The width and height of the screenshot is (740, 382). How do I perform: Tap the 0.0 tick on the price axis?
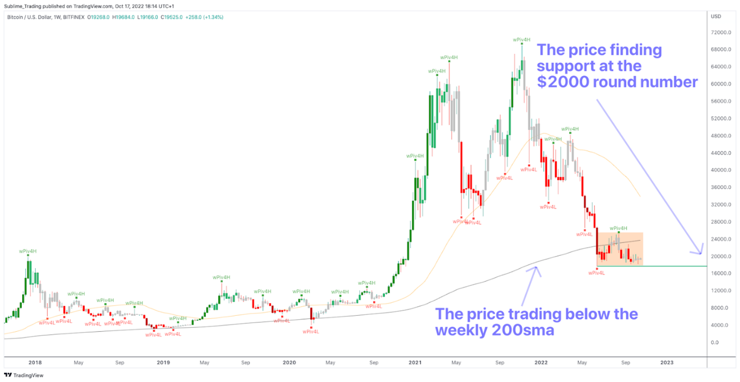(714, 342)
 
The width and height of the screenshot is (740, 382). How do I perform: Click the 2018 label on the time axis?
(35, 363)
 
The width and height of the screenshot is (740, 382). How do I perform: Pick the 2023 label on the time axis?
(667, 363)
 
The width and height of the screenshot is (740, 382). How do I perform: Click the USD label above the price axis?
(716, 17)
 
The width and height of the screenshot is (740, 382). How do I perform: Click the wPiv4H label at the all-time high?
(522, 39)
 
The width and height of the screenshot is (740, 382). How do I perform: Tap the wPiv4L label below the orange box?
(597, 272)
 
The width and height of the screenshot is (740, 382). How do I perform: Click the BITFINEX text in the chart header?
(72, 17)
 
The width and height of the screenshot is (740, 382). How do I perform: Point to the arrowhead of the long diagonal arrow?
(700, 251)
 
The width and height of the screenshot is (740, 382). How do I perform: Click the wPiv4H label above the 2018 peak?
(28, 251)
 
